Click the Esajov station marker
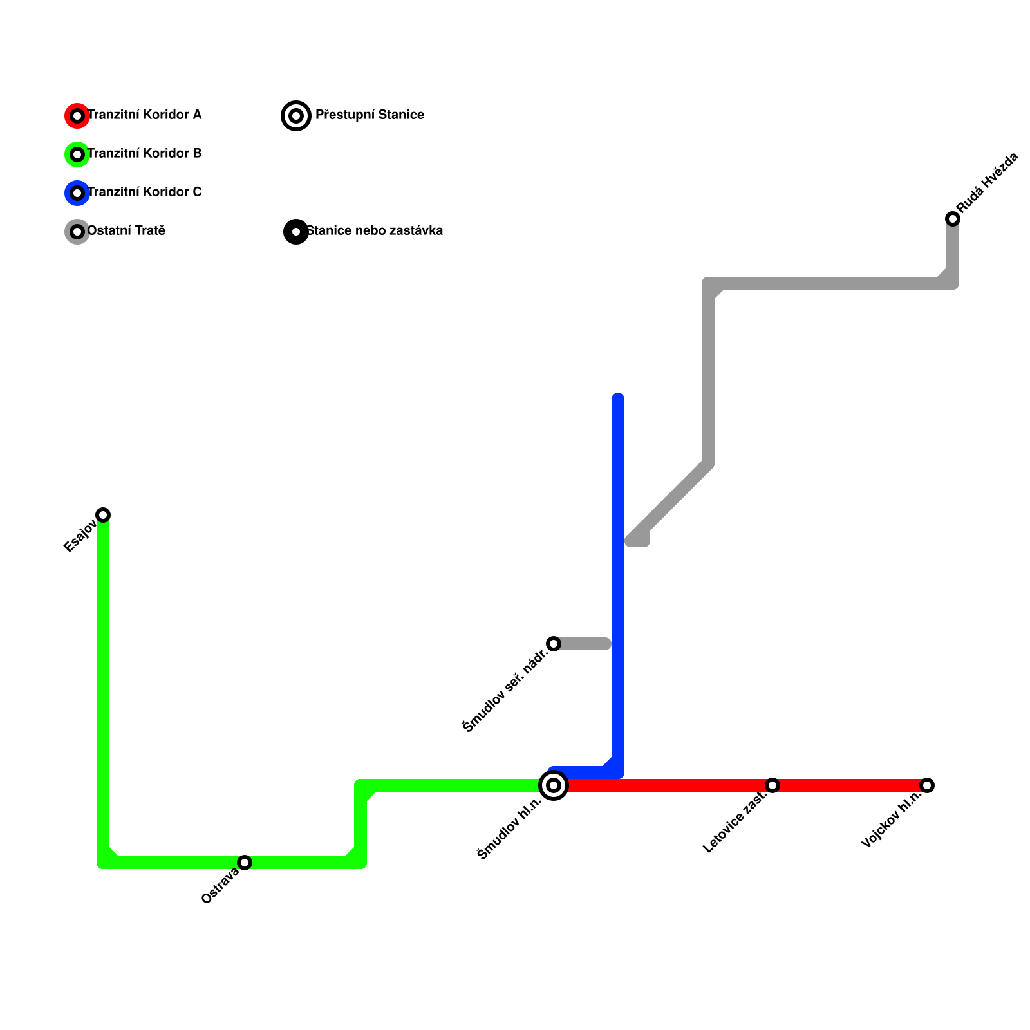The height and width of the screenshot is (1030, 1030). (103, 514)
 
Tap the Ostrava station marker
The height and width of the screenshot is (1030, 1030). (245, 862)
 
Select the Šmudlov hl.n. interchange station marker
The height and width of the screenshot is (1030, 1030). (554, 785)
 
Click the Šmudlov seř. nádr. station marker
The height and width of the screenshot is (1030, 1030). (554, 644)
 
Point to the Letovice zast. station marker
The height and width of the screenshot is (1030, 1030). (772, 785)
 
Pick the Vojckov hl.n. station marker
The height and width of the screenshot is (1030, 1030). (927, 785)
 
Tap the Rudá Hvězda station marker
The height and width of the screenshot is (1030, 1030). (953, 219)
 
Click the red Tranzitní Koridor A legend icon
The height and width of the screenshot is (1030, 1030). (77, 116)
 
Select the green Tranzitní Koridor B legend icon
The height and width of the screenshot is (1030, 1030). (77, 154)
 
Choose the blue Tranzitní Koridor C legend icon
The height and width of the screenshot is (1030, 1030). (77, 193)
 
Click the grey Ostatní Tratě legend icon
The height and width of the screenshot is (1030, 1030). (77, 232)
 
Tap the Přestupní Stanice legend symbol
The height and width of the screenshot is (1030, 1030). (296, 116)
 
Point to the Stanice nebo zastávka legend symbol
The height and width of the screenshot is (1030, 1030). (296, 232)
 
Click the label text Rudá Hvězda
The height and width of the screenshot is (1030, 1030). (988, 183)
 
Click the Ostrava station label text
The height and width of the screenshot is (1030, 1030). (220, 886)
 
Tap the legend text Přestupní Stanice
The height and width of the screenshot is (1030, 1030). (370, 115)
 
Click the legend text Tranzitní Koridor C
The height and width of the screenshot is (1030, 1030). (144, 192)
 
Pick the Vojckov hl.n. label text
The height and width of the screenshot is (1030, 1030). (892, 819)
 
